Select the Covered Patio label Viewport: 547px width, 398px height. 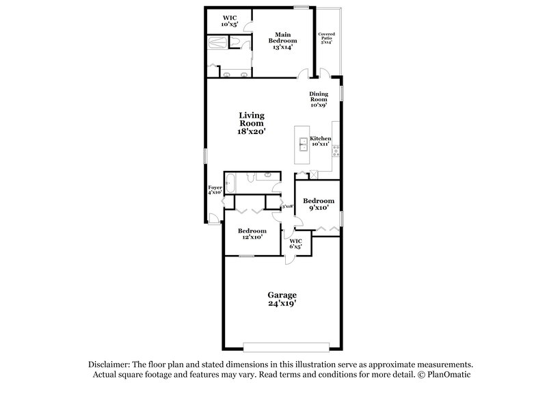pos(326,38)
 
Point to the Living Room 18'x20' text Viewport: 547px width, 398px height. pos(252,122)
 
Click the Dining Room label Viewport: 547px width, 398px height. pos(319,99)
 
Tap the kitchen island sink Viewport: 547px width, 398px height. pos(302,144)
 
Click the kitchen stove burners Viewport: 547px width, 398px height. pos(336,152)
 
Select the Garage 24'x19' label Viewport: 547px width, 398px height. pos(282,298)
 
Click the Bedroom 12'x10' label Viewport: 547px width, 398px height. pos(252,234)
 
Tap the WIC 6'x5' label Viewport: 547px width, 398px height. pos(296,243)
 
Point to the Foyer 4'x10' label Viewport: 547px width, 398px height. pos(215,189)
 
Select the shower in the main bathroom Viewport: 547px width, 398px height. pos(220,42)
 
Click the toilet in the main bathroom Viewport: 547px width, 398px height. pos(236,43)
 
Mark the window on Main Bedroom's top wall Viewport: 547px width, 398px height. pos(299,8)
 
